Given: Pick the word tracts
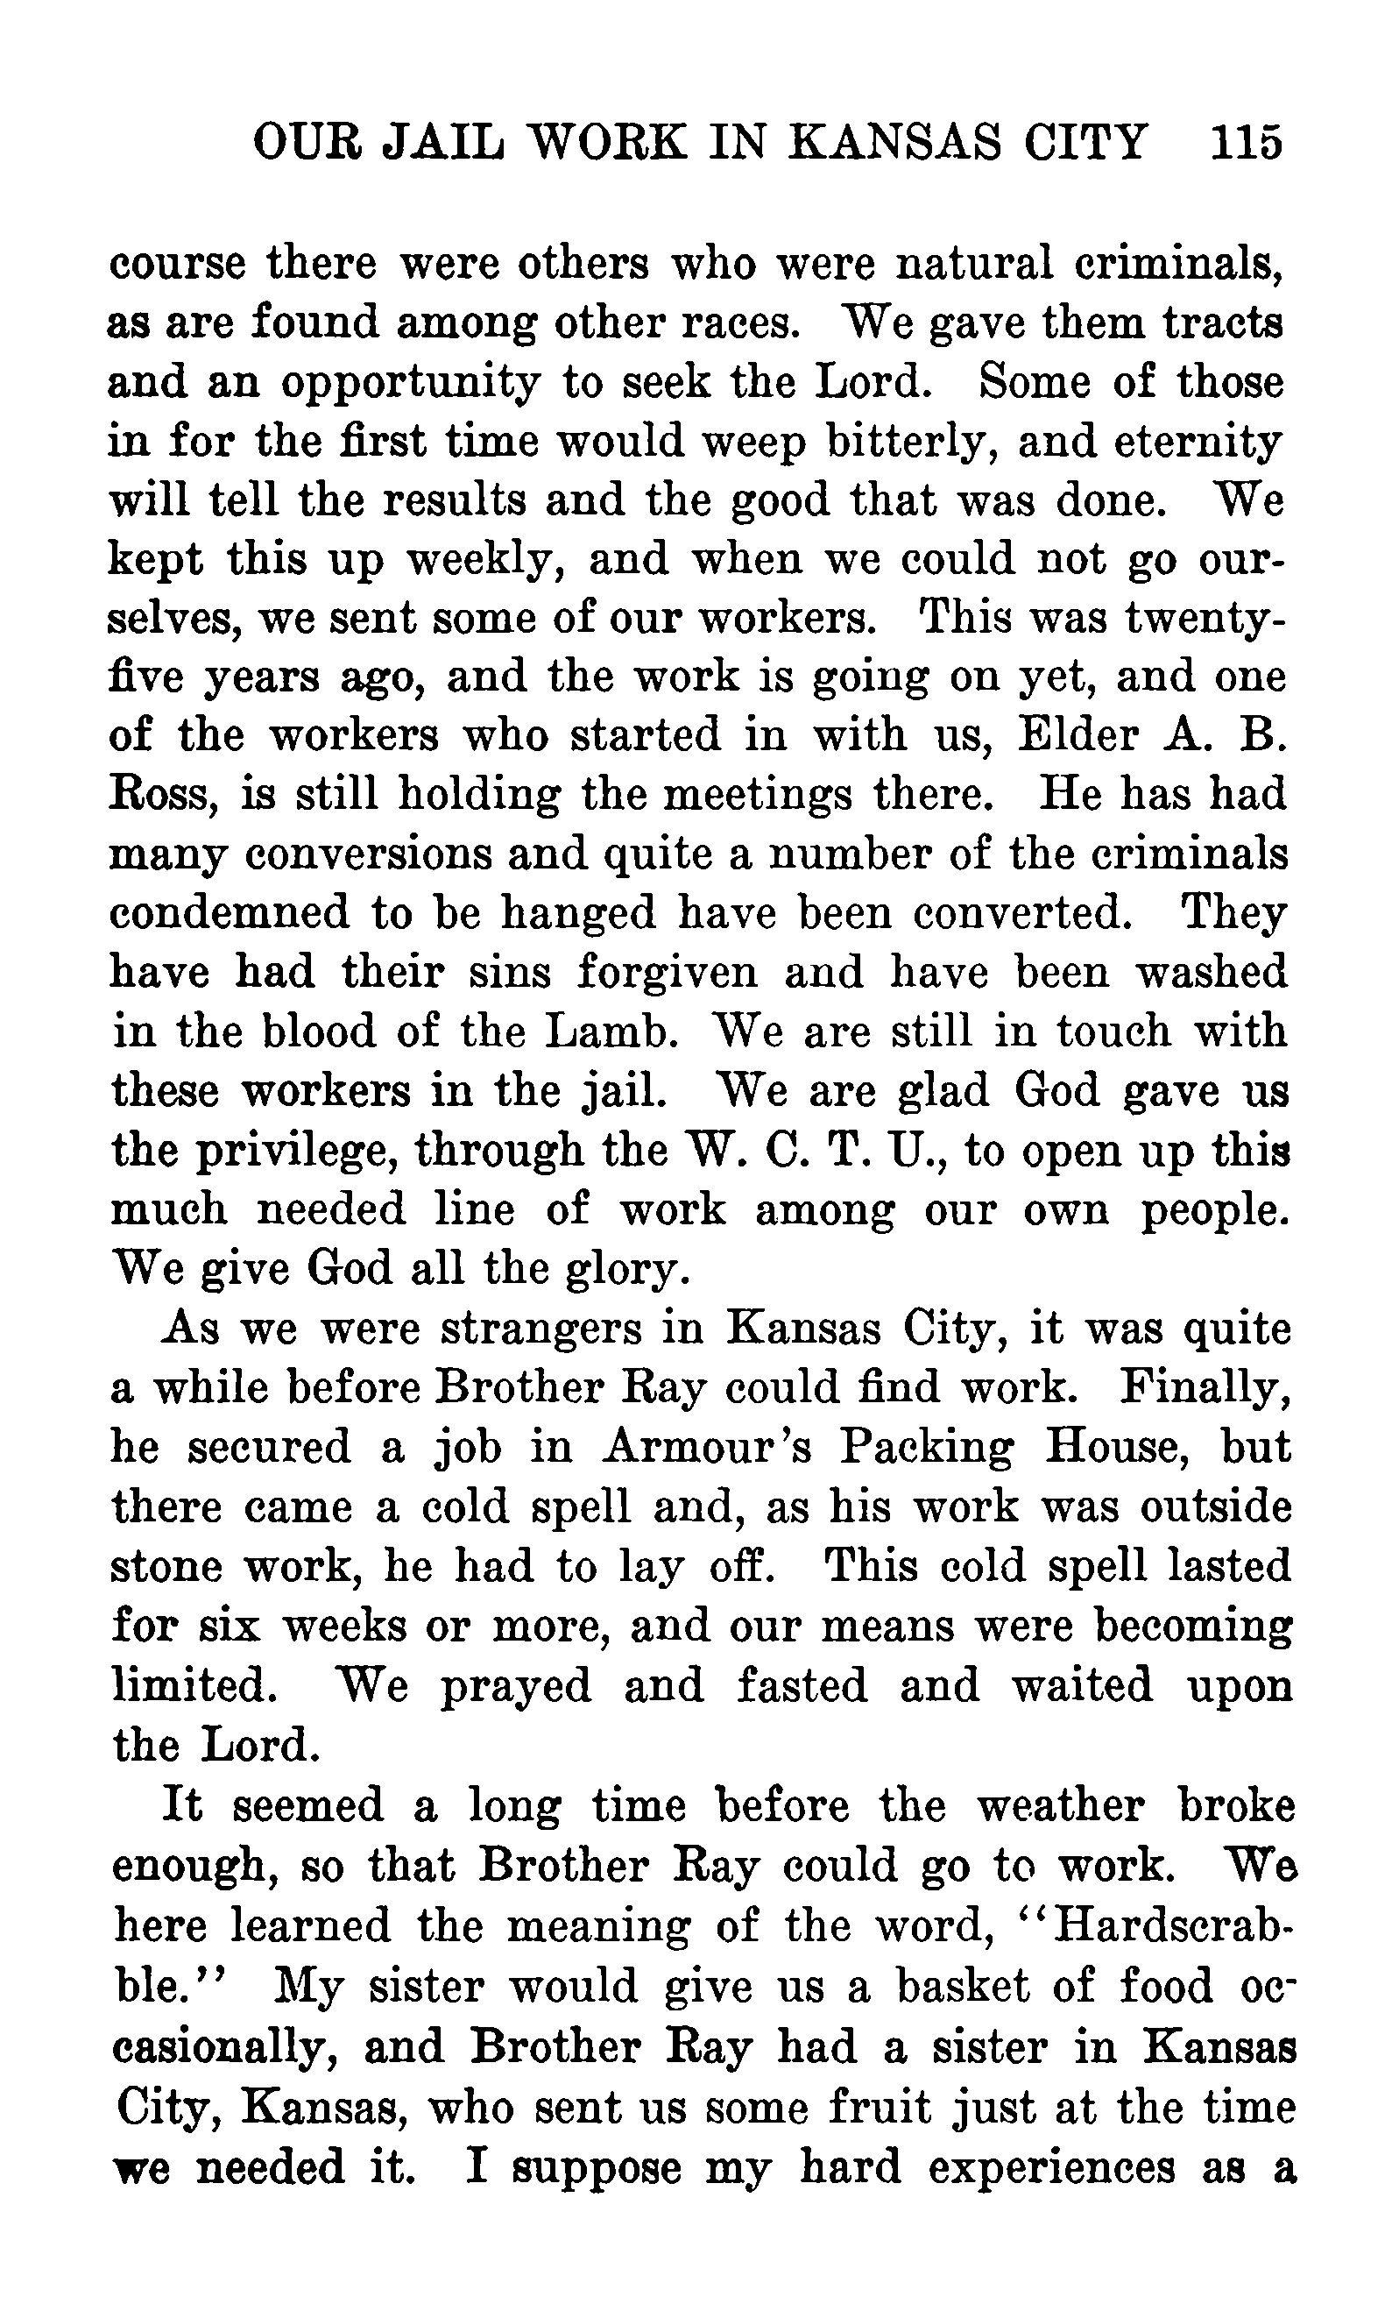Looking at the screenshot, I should click(1222, 323).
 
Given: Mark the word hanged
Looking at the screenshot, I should click(577, 912).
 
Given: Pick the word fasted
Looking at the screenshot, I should click(802, 1685).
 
